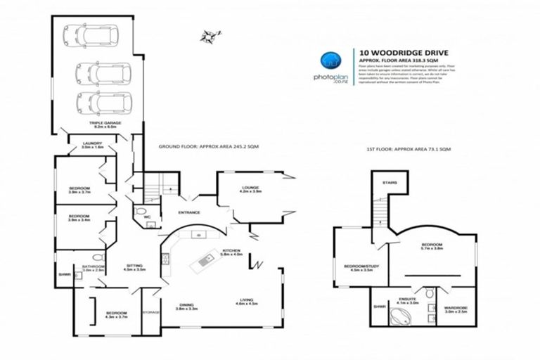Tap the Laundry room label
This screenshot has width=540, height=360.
coord(93,145)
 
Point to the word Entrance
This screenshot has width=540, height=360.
coord(188,212)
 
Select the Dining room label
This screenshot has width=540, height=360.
coord(187,307)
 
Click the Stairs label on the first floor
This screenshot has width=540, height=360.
coord(390,182)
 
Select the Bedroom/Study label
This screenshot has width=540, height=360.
coord(358,266)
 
